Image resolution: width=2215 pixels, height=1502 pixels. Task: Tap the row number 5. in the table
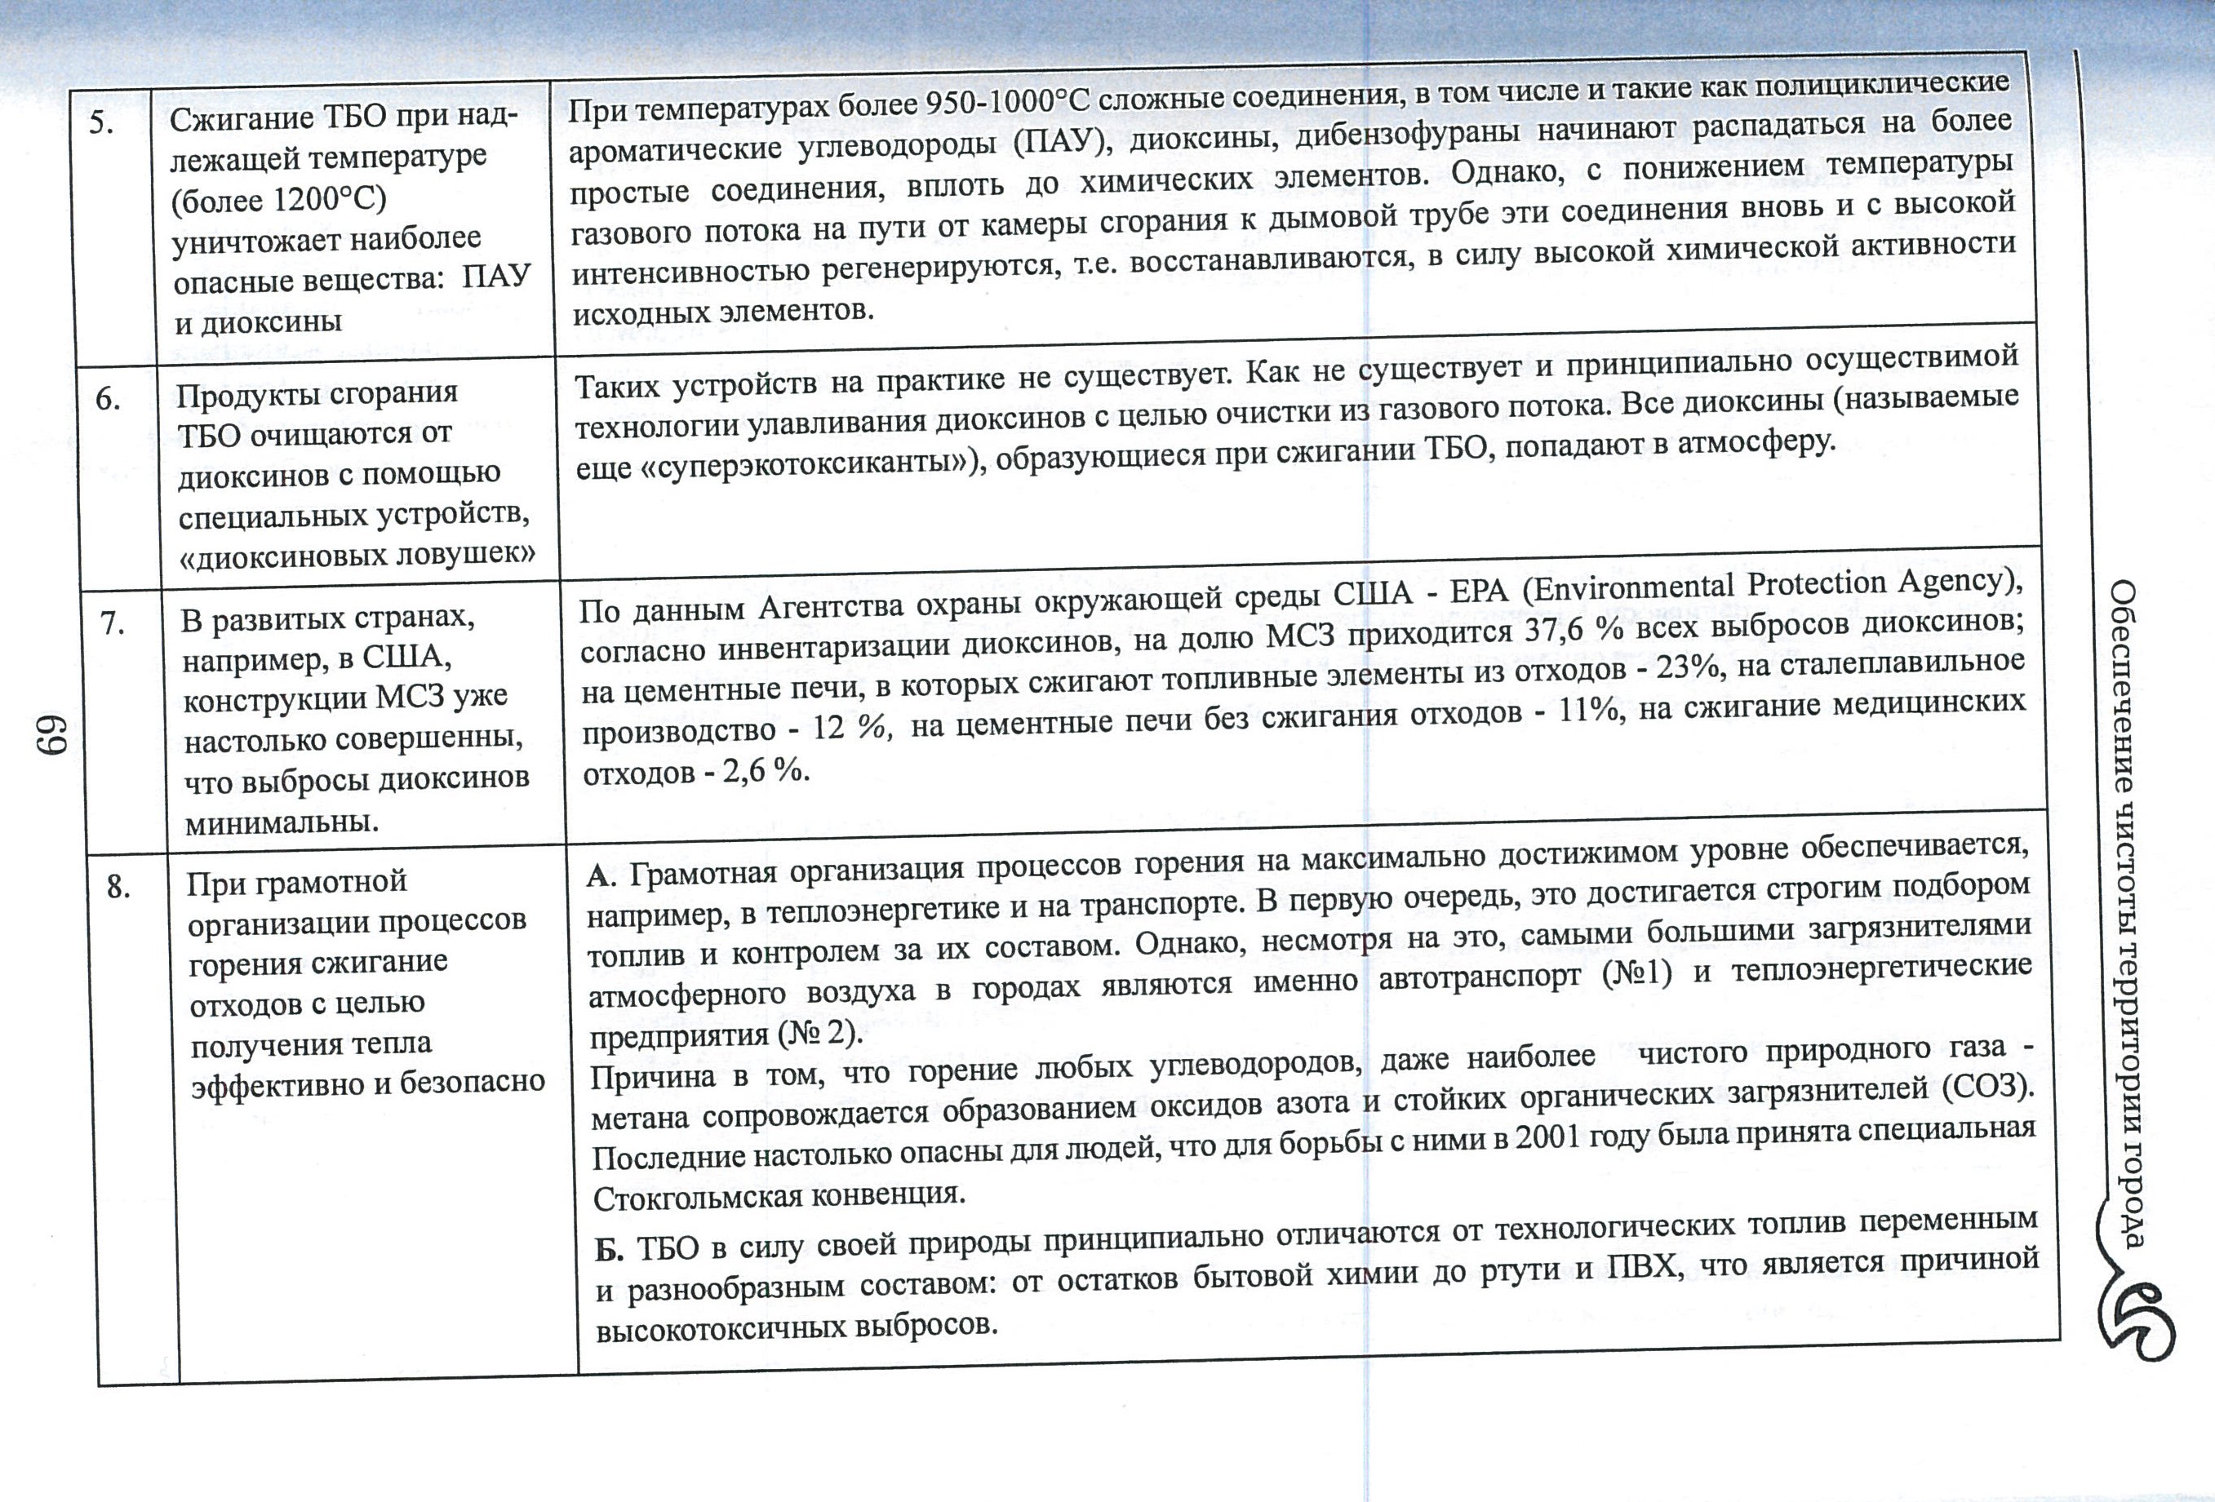[103, 123]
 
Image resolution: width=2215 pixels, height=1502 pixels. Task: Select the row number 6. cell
[108, 399]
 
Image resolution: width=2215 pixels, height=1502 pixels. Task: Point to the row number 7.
[113, 624]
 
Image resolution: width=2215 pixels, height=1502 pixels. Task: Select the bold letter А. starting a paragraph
[601, 875]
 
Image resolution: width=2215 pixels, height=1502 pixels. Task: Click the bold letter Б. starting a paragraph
[609, 1249]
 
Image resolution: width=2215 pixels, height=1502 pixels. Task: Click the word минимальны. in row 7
[282, 822]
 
